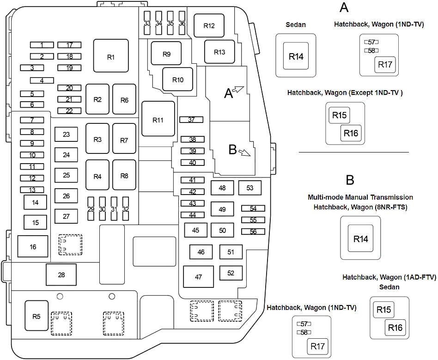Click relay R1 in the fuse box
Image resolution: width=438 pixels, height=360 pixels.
(110, 57)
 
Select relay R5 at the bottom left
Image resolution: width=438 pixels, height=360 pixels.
(36, 317)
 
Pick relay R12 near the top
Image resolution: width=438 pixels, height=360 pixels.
(209, 26)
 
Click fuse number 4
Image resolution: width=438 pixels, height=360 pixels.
(42, 80)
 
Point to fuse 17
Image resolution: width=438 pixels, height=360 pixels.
(69, 45)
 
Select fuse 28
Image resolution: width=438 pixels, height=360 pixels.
(61, 275)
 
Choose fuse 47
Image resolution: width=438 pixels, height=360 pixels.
(199, 277)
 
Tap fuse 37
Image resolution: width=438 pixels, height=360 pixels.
(192, 120)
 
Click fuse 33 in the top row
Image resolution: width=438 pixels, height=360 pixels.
(147, 24)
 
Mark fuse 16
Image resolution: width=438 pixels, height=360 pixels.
(33, 247)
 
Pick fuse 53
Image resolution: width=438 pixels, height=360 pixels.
(250, 188)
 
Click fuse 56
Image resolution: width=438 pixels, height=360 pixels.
(253, 232)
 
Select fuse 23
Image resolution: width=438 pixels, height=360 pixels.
(66, 134)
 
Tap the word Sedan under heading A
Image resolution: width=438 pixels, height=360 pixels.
(296, 24)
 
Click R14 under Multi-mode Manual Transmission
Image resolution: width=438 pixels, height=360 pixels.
(361, 239)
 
